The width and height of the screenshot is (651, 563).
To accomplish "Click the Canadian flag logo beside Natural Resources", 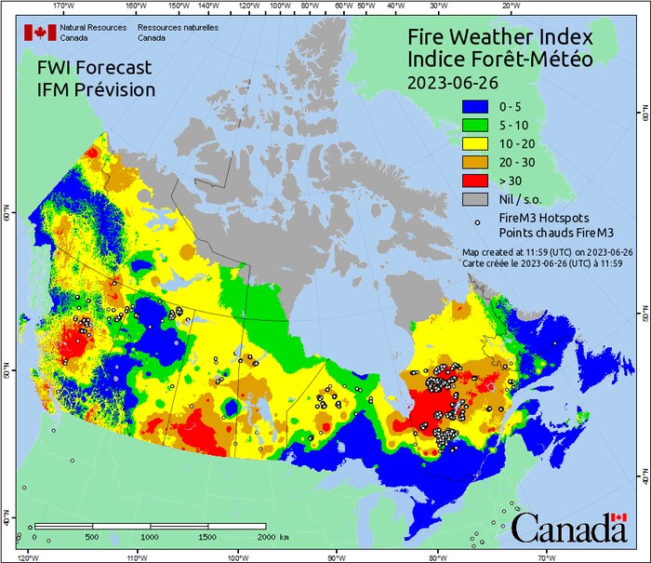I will pyautogui.click(x=40, y=33).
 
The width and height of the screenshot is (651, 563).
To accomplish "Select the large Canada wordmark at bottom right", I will pyautogui.click(x=568, y=529).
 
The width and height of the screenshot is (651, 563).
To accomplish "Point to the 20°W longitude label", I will pyautogui.click(x=510, y=5).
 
